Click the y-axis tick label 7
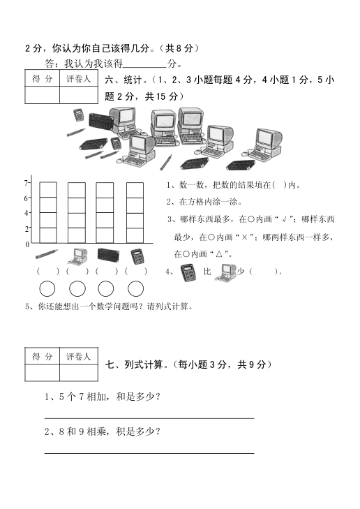pos(26,183)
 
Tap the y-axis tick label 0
pos(27,244)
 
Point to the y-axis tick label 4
pos(27,213)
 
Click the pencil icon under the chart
pos(47,254)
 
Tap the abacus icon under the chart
pos(108,255)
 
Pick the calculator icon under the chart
pos(138,256)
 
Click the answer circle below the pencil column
pos(47,288)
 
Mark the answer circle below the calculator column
pos(136,288)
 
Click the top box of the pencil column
pos(48,190)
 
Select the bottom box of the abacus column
pos(105,236)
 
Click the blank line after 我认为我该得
pos(145,67)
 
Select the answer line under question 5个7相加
pos(149,418)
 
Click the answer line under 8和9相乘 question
pos(149,453)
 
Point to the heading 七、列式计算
pos(134,364)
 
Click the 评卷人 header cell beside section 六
pos(78,78)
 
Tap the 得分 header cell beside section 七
pos(42,356)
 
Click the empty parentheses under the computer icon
pos(77,272)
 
